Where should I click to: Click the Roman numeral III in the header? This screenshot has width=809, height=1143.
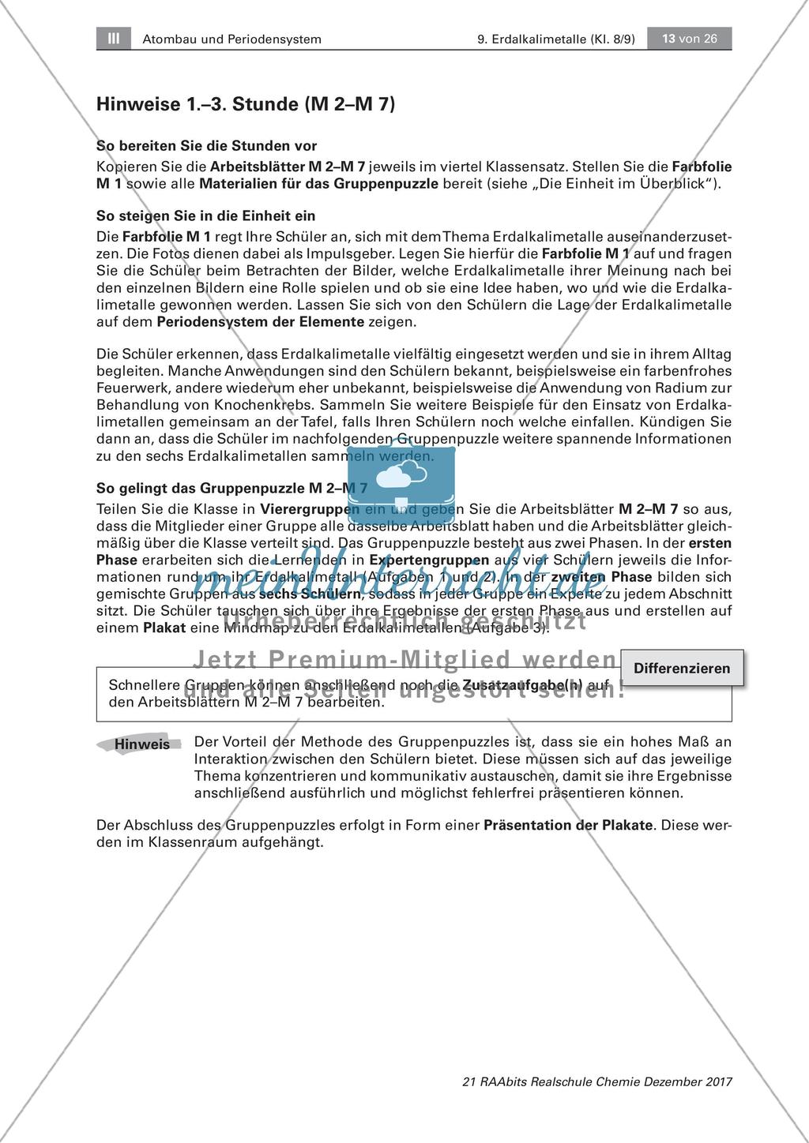(112, 38)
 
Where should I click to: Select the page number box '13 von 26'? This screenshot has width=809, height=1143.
(689, 38)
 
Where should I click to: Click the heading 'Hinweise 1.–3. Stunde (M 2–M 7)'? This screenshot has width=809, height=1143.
(245, 103)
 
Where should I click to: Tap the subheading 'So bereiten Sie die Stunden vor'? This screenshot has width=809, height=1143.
(206, 146)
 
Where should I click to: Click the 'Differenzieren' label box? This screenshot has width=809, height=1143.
(682, 669)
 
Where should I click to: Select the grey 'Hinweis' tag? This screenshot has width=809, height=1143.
(141, 744)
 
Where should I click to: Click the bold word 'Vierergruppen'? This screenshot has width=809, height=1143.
(305, 509)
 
